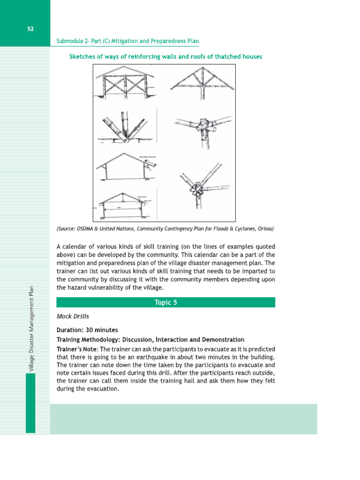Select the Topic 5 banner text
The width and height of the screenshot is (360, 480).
click(x=165, y=302)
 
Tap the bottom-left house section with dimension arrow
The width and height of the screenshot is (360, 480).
click(x=125, y=204)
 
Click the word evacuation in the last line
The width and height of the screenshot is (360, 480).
click(x=101, y=389)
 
